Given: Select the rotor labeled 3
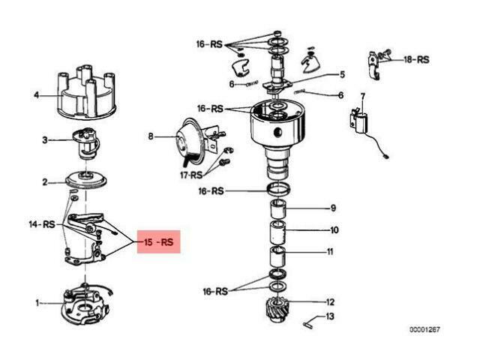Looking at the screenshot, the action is pyautogui.click(x=85, y=143).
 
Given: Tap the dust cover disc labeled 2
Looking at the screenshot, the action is pyautogui.click(x=86, y=180).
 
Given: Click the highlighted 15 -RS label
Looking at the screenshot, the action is pyautogui.click(x=158, y=242).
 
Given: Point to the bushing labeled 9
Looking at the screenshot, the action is pyautogui.click(x=277, y=208).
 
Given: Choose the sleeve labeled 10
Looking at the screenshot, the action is pyautogui.click(x=277, y=232).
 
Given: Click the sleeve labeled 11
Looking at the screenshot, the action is pyautogui.click(x=277, y=256).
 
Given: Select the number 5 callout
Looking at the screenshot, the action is pyautogui.click(x=342, y=74).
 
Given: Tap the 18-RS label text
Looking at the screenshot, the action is pyautogui.click(x=416, y=59).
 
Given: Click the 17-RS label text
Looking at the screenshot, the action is pyautogui.click(x=192, y=175).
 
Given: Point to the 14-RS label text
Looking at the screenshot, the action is pyautogui.click(x=42, y=224).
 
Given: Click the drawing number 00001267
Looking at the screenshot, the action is pyautogui.click(x=424, y=329).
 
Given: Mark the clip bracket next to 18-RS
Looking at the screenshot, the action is pyautogui.click(x=374, y=65).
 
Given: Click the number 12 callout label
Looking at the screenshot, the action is pyautogui.click(x=330, y=302).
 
